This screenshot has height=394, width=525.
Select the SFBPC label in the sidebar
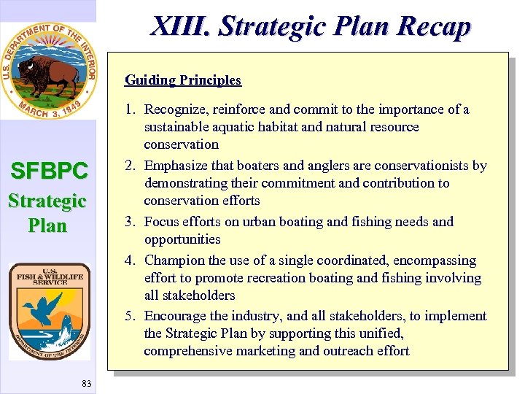49,171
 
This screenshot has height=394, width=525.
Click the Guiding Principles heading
182,80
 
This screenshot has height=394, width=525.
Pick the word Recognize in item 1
176,109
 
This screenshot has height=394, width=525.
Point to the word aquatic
229,127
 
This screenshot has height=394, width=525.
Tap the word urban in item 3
251,221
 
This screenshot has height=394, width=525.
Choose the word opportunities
182,239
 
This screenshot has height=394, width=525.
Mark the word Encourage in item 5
175,316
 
